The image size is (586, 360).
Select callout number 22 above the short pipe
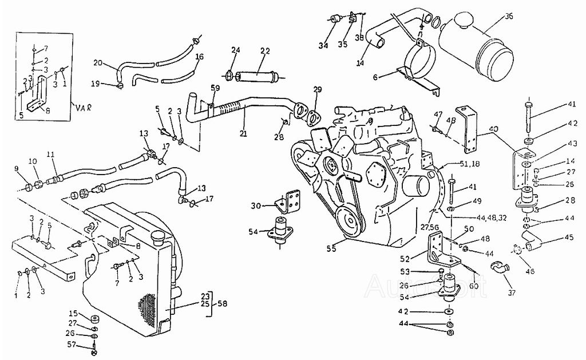pyautogui.click(x=264, y=51)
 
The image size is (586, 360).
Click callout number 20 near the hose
pyautogui.click(x=97, y=62)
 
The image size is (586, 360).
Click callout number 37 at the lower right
pyautogui.click(x=511, y=293)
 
